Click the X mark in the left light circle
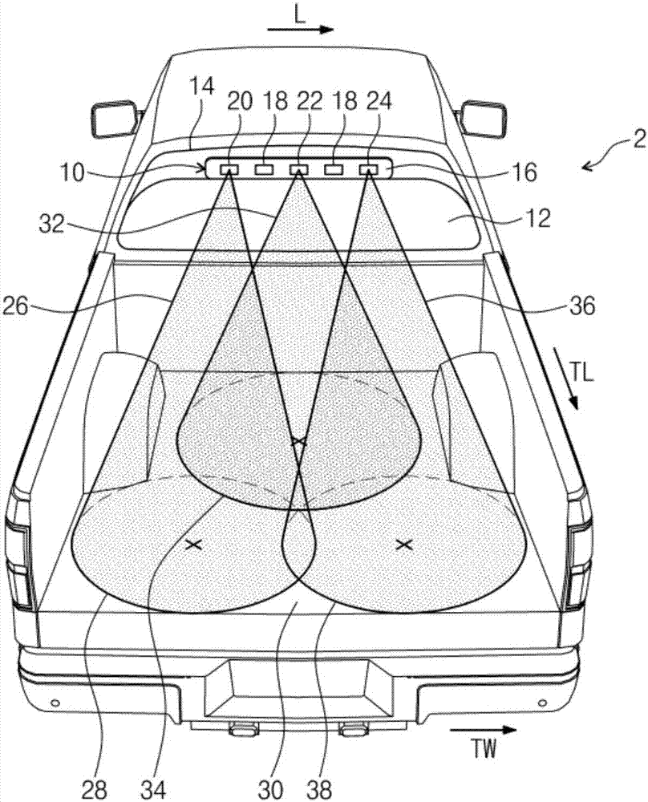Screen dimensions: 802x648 tap(192, 545)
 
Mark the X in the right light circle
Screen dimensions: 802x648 tap(404, 545)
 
